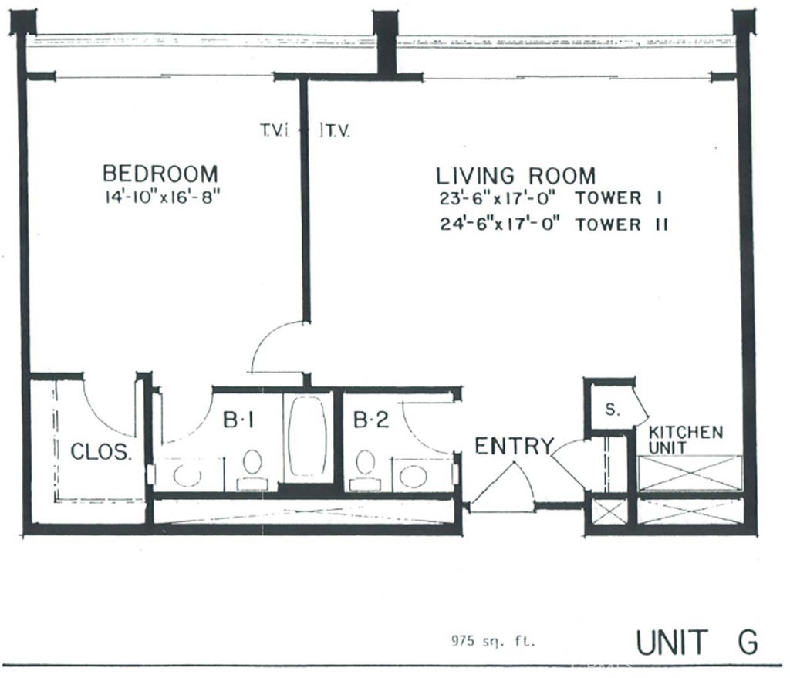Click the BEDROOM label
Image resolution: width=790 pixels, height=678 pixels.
pyautogui.click(x=160, y=172)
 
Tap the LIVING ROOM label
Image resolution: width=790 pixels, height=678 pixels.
pyautogui.click(x=516, y=174)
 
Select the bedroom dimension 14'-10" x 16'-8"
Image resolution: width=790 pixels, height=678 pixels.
pyautogui.click(x=163, y=196)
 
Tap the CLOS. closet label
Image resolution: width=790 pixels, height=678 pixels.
pyautogui.click(x=101, y=452)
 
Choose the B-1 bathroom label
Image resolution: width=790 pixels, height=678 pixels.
pyautogui.click(x=238, y=420)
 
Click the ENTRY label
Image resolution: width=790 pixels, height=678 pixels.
pyautogui.click(x=514, y=446)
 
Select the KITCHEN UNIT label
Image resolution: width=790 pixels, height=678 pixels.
pyautogui.click(x=685, y=440)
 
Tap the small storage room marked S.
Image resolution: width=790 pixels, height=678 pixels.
pyautogui.click(x=611, y=410)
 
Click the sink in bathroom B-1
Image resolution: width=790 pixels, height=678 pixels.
pyautogui.click(x=187, y=474)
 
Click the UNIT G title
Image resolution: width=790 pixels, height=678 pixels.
pyautogui.click(x=696, y=642)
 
